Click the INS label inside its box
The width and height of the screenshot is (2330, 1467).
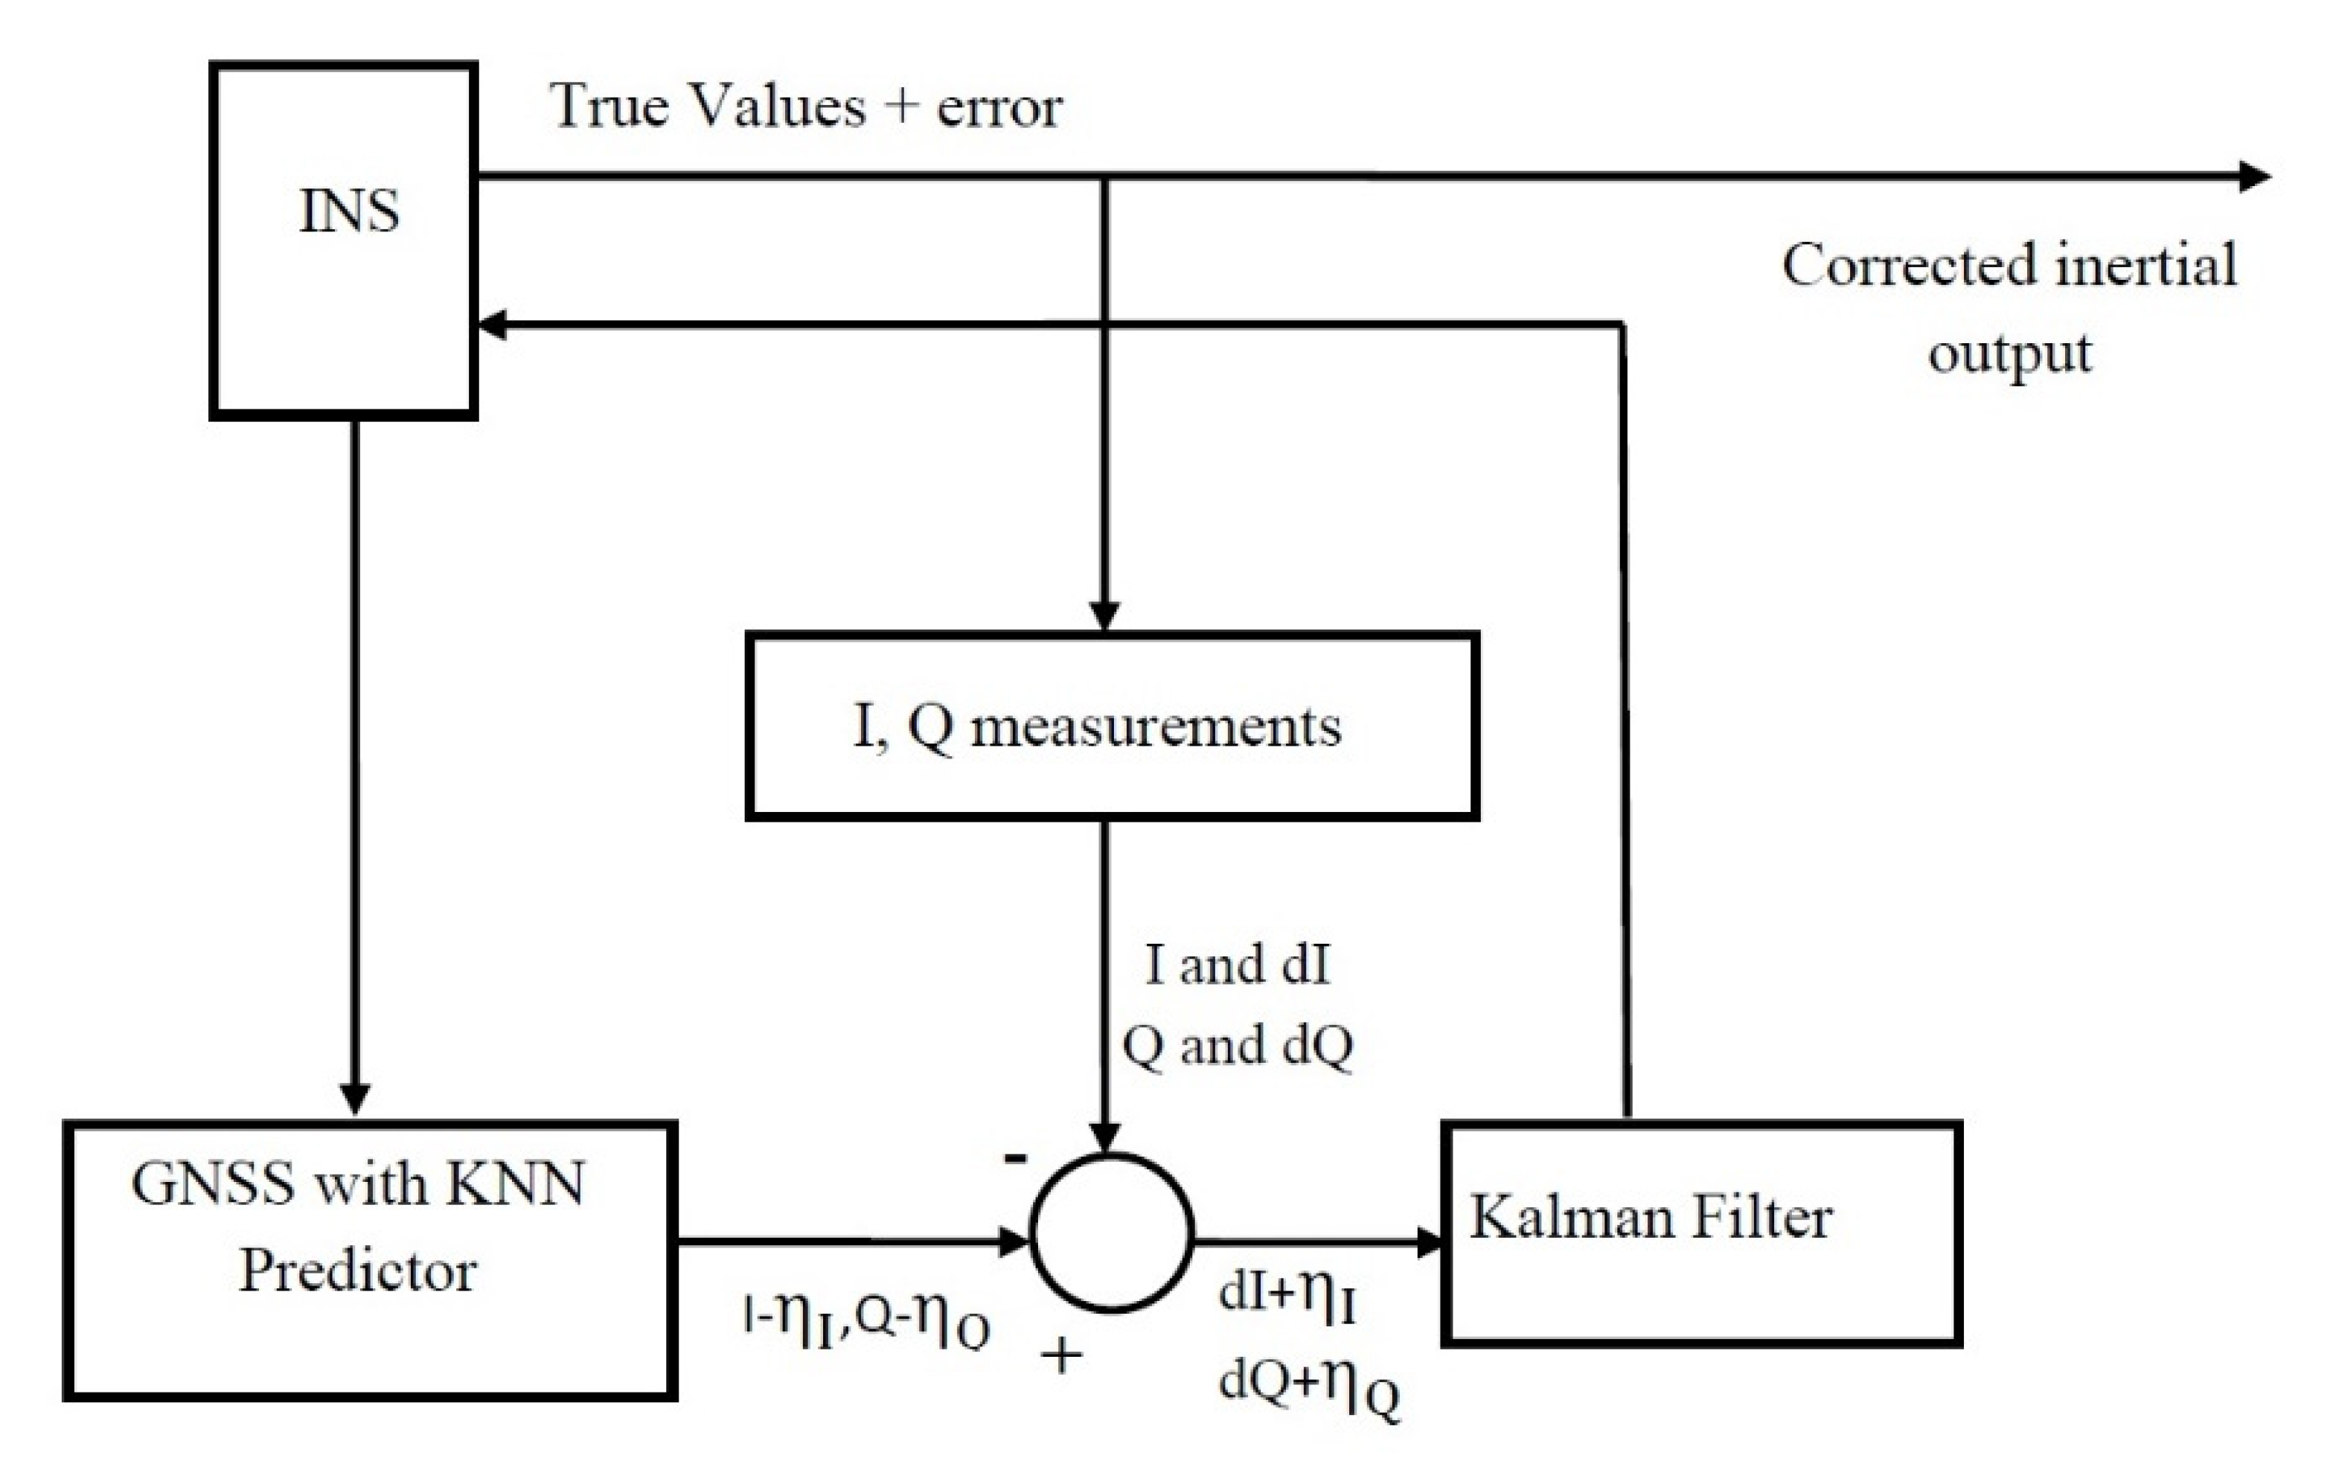[x=348, y=211]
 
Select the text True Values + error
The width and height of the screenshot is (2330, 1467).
[x=805, y=106]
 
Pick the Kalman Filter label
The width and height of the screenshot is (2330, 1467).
[x=1651, y=1218]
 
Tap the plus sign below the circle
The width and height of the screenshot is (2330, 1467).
[x=1060, y=1355]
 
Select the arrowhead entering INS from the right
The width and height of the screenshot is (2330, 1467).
[x=493, y=325]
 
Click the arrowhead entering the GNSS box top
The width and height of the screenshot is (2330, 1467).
[x=355, y=1099]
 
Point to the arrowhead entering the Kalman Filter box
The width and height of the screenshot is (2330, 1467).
[x=1430, y=1241]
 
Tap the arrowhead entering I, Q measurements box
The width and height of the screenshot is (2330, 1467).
[x=1105, y=616]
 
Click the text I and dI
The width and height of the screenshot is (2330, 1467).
[x=1238, y=965]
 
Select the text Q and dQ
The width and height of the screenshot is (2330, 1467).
[x=1238, y=1045]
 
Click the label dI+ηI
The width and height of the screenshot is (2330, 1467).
[x=1287, y=1296]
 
